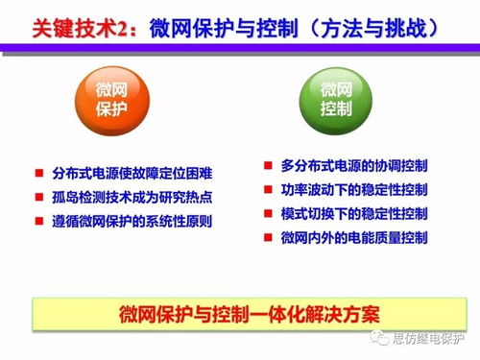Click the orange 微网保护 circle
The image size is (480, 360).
pos(111,100)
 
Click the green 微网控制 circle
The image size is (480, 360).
pos(333,100)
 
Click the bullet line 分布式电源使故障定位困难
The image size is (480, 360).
pos(132,173)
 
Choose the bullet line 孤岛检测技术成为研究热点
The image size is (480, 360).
pos(132,197)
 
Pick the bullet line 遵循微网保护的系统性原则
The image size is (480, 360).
pos(132,221)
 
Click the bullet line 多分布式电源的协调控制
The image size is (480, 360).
pos(354,165)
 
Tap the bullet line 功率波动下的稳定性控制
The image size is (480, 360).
pos(354,188)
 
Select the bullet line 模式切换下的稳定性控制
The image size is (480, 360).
pos(354,212)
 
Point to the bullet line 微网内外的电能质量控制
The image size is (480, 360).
pos(354,236)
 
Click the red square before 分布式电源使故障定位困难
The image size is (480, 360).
pos(38,173)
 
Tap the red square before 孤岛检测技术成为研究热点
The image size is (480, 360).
pos(38,197)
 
